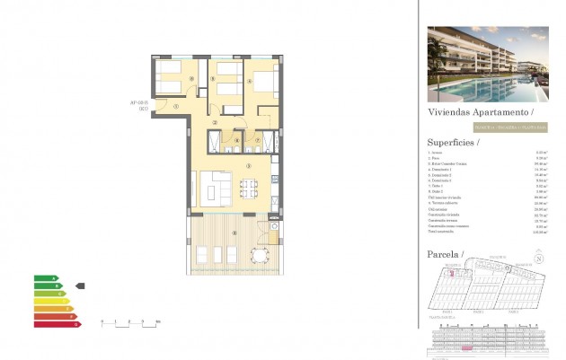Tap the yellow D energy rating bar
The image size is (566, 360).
click(49, 301)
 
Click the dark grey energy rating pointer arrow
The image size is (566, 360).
click(80, 286)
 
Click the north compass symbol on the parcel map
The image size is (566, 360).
click(539, 260)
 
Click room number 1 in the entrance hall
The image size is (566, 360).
click(177, 107)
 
